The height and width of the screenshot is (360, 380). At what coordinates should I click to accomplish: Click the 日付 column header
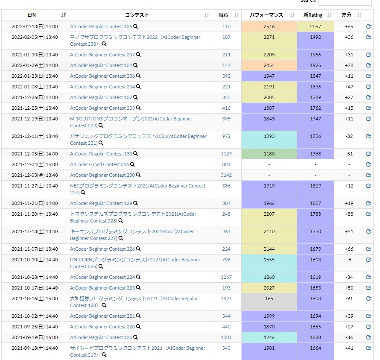32,15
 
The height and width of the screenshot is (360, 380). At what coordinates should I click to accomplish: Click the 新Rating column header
313,15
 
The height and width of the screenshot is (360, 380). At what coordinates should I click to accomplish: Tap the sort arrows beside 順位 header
237,15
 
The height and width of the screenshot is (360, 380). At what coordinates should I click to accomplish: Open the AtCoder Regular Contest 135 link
101,26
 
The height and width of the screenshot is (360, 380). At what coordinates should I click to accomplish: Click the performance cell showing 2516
269,26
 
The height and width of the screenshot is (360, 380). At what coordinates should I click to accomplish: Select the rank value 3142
226,175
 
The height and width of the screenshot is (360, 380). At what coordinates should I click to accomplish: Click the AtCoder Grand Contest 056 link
99,164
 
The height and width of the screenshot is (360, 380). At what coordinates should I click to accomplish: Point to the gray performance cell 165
269,302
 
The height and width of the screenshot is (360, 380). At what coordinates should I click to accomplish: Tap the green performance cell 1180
269,154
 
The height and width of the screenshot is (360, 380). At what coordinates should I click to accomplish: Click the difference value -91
349,299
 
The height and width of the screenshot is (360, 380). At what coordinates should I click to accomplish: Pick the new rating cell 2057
315,26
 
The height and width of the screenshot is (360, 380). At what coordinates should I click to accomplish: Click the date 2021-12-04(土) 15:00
35,164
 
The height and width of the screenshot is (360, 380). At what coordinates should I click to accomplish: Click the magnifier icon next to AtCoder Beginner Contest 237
138,55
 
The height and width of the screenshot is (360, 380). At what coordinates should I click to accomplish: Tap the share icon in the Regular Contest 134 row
368,65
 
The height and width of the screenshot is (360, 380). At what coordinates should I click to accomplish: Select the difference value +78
349,65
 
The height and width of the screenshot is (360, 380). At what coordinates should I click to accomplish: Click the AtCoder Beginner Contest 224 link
102,277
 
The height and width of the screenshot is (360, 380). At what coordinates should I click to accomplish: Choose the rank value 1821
226,299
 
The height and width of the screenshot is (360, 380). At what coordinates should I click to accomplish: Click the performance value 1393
269,136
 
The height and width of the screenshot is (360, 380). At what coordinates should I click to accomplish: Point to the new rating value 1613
315,260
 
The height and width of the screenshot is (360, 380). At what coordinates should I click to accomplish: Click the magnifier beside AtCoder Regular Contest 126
136,337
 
